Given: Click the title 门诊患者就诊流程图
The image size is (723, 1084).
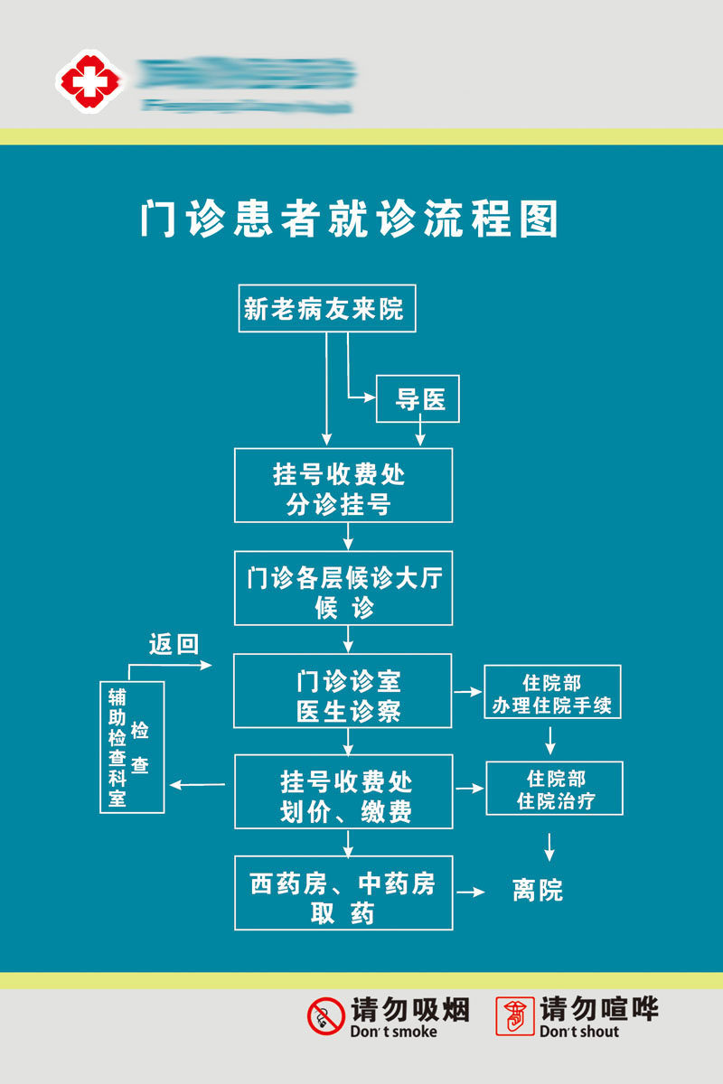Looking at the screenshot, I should click(349, 219).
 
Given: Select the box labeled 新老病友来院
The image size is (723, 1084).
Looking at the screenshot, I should click(326, 309).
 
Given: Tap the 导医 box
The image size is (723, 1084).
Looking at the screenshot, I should click(418, 399).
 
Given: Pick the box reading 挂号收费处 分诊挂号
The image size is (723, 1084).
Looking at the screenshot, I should click(343, 486).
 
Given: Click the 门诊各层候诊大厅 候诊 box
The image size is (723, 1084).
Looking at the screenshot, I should click(343, 588).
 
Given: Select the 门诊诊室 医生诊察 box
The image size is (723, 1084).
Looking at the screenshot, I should click(343, 691).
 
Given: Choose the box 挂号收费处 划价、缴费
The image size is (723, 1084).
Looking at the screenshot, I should click(343, 792).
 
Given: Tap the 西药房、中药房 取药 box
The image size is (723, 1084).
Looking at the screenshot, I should click(343, 893).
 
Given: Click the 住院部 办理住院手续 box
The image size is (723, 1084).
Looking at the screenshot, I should click(552, 693).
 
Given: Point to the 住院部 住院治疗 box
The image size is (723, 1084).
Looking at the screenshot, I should click(555, 789).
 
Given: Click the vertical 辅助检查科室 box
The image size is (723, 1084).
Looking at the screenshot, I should click(132, 747).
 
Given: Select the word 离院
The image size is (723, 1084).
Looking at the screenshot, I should click(538, 892).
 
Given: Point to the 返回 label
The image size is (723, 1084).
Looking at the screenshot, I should click(174, 644).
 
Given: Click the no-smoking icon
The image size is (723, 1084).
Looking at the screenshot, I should click(326, 1016).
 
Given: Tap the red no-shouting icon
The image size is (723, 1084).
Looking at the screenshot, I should click(515, 1016).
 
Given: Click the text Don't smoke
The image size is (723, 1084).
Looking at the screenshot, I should click(393, 1032).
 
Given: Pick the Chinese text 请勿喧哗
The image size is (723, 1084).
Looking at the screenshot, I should click(599, 1008).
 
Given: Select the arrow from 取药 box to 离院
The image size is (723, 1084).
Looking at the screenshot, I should click(471, 892).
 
